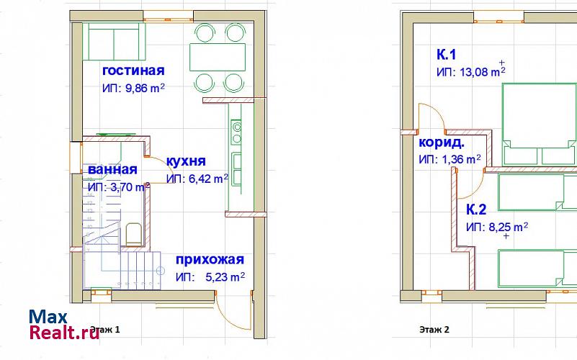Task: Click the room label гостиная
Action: pyautogui.click(x=133, y=71)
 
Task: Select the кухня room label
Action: pyautogui.click(x=186, y=161)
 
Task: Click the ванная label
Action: pyautogui.click(x=112, y=169)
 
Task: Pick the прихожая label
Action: pyautogui.click(x=210, y=259)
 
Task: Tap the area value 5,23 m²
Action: pyautogui.click(x=225, y=277)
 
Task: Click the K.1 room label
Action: pyautogui.click(x=446, y=55)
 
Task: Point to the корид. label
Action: pyautogui.click(x=442, y=143)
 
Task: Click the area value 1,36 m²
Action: pyautogui.click(x=460, y=160)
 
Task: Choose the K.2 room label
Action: pyautogui.click(x=476, y=210)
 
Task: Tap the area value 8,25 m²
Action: pyautogui.click(x=508, y=228)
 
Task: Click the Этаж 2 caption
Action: pyautogui.click(x=434, y=330)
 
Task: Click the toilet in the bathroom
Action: pyautogui.click(x=133, y=234)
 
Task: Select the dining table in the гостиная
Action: pyautogui.click(x=218, y=57)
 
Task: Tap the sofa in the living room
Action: pyautogui.click(x=114, y=42)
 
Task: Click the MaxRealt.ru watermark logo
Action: pyautogui.click(x=64, y=324)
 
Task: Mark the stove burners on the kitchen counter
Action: pyautogui.click(x=236, y=132)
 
